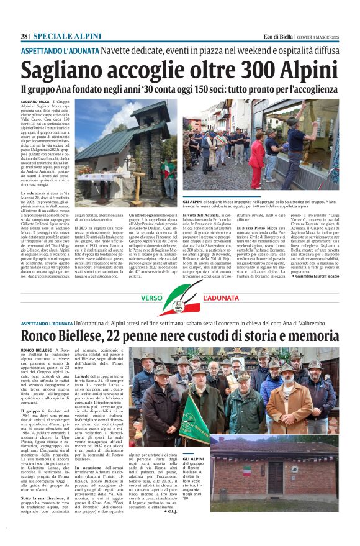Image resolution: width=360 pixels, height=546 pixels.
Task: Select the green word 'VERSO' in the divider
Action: tap(151, 298)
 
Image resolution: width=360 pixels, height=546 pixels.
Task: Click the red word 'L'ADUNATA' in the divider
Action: tap(219, 298)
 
